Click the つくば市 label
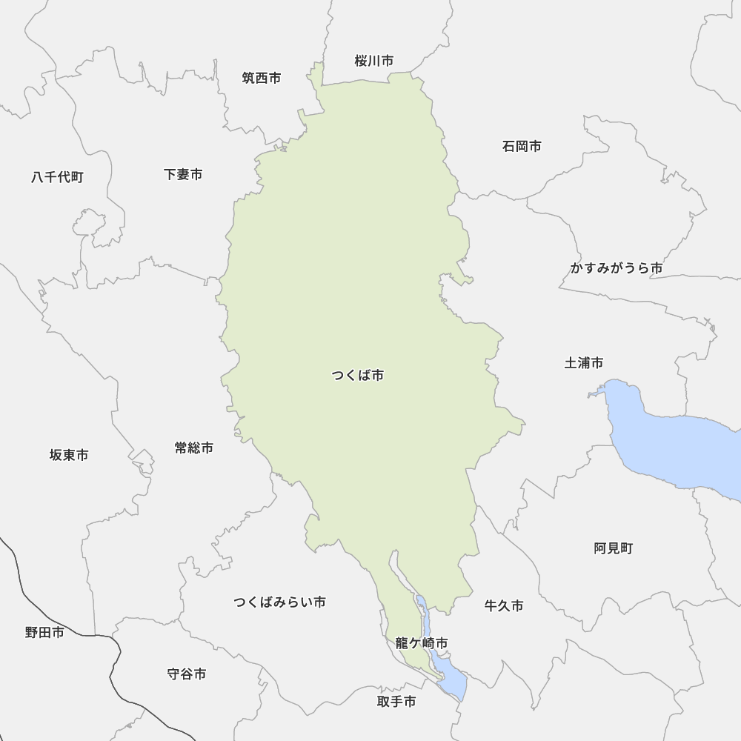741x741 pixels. (x=358, y=376)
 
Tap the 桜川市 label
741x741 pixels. (x=373, y=61)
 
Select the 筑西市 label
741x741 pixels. (x=262, y=78)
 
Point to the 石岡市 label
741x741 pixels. (x=522, y=146)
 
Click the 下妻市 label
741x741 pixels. (x=183, y=174)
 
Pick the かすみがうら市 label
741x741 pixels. (x=616, y=268)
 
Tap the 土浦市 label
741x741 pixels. (x=584, y=362)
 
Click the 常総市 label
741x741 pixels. (x=194, y=448)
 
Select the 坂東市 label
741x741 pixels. (x=69, y=454)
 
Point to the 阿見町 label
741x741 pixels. (x=614, y=548)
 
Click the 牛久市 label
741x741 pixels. (x=504, y=605)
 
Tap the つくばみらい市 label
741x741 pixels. (x=279, y=602)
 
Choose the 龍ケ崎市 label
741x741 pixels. (x=421, y=643)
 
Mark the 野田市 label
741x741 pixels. (x=44, y=632)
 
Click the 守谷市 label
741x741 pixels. (x=187, y=674)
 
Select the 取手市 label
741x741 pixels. (x=396, y=701)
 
